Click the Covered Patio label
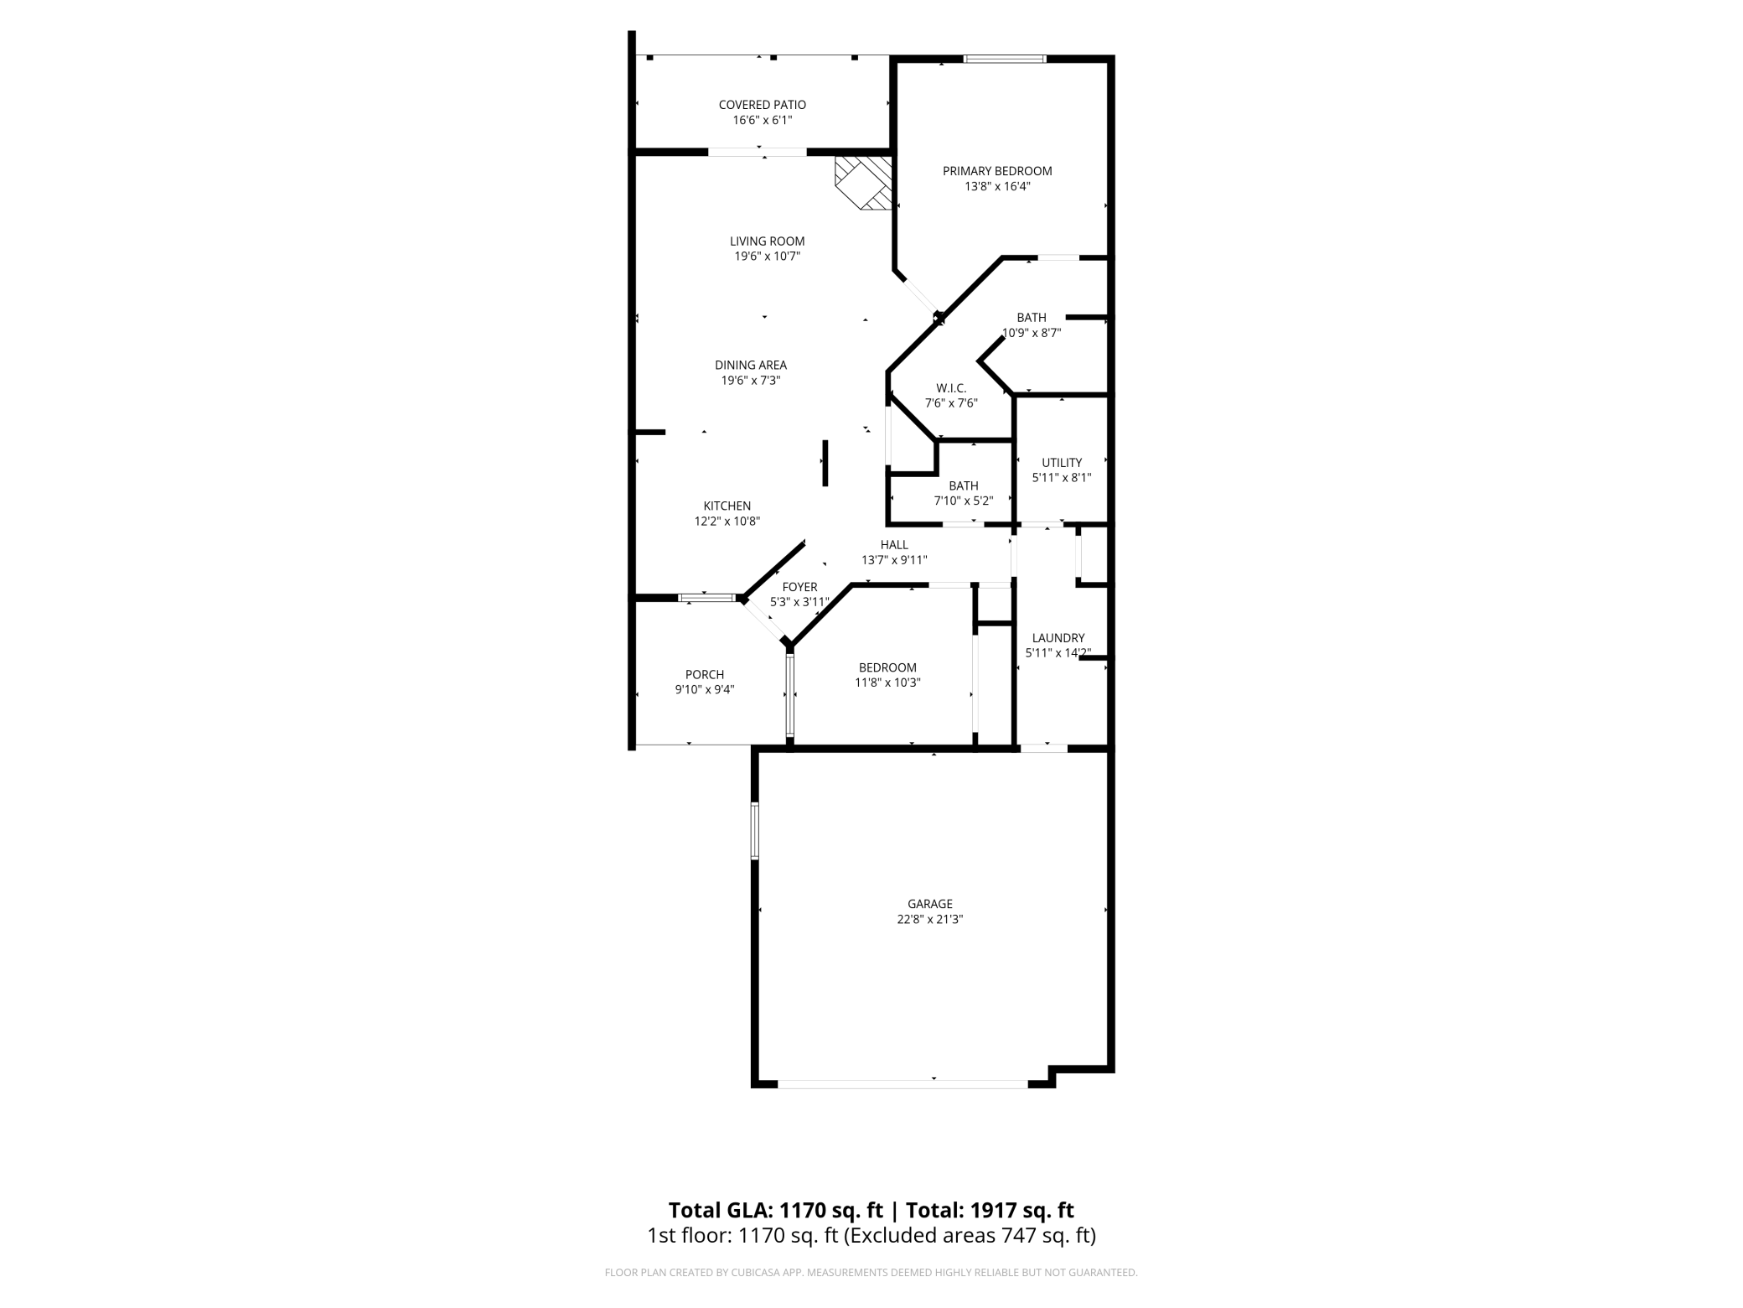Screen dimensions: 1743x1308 tap(763, 105)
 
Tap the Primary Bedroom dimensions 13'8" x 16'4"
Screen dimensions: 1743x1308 tap(997, 186)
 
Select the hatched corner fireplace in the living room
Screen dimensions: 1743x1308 tap(863, 183)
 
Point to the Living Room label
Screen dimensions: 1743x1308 tap(768, 241)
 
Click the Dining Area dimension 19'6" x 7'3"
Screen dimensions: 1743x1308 tap(751, 380)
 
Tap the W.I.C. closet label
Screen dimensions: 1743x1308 tap(951, 388)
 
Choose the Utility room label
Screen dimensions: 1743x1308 tap(1062, 463)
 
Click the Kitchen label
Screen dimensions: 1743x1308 tap(727, 506)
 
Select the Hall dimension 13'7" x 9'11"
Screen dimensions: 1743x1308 tap(894, 560)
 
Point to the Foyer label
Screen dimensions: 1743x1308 tap(799, 587)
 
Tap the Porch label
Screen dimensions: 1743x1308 tap(705, 674)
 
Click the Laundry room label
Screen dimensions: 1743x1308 tap(1058, 638)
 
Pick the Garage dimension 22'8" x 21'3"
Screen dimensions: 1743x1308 tap(930, 919)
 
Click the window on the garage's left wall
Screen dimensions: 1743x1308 tap(755, 831)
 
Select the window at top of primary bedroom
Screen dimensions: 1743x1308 tap(1005, 59)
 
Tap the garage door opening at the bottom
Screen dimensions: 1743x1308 tap(903, 1084)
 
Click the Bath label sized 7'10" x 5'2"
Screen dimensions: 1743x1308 tap(964, 485)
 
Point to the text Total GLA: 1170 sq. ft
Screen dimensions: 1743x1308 tap(776, 1210)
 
